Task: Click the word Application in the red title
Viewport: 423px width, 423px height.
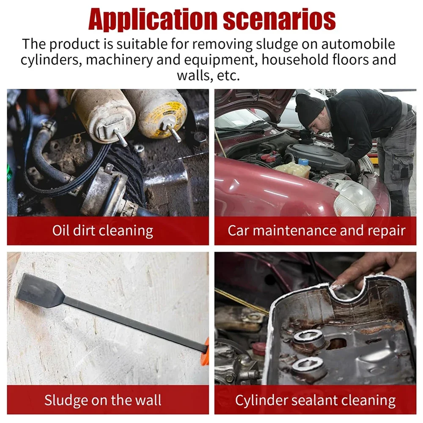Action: (153, 20)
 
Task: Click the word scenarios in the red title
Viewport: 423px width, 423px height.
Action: (279, 20)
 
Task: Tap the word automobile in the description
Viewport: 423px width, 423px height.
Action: (358, 44)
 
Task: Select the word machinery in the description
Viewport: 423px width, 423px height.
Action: (119, 60)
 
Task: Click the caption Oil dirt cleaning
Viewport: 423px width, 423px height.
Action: (103, 231)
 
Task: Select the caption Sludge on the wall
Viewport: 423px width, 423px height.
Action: (103, 400)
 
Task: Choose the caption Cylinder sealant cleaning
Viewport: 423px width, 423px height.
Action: (316, 401)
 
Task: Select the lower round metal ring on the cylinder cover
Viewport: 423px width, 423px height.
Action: (308, 365)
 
